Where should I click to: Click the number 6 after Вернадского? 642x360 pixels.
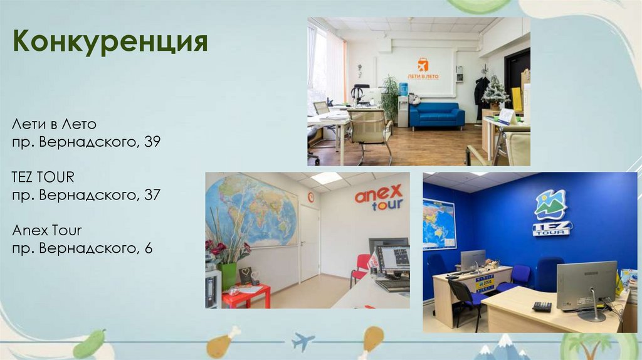(x=149, y=248)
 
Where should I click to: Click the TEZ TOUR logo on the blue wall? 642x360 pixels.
(x=551, y=213)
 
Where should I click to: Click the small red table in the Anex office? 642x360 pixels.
(x=246, y=295)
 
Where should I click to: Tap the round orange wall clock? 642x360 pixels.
(x=311, y=197)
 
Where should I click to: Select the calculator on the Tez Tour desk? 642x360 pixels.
(x=542, y=306)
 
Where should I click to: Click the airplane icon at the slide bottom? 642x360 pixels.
(x=303, y=342)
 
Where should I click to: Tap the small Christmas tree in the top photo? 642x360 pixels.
(x=496, y=92)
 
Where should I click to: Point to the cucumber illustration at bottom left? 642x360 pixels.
(x=89, y=344)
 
